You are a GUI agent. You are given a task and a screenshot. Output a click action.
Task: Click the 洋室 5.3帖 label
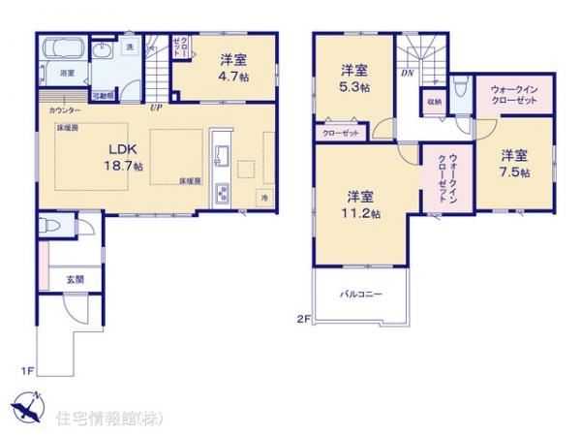tap(353, 78)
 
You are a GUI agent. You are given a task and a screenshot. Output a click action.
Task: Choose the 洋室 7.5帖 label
tap(514, 164)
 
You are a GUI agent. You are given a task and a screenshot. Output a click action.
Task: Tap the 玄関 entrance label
tap(75, 279)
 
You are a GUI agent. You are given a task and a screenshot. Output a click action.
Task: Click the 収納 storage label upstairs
tap(432, 101)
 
